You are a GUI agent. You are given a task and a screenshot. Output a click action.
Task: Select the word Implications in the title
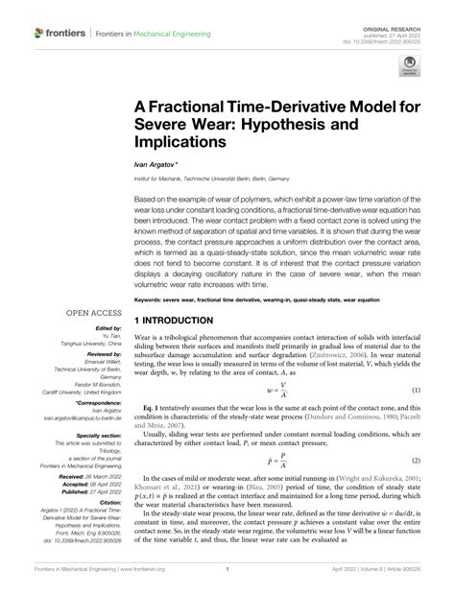click(180, 140)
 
